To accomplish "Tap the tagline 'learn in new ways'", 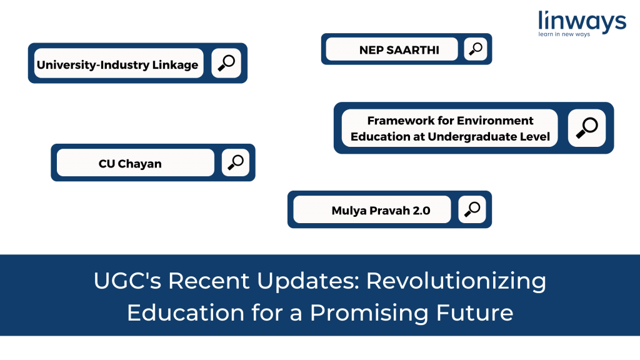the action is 564,34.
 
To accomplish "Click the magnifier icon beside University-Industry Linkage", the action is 226,63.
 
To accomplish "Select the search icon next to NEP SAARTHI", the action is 476,49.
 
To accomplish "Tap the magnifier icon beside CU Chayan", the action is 236,162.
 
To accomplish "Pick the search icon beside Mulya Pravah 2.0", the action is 472,209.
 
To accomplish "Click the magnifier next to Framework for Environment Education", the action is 587,127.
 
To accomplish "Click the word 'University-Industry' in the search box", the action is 92,65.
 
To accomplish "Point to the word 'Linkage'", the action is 175,65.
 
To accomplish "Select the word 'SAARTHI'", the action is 412,50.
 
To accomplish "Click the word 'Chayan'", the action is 139,164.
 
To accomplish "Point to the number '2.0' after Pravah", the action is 421,211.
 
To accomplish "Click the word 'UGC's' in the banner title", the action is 127,281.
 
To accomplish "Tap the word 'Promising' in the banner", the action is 369,314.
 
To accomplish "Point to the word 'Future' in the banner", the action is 475,313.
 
